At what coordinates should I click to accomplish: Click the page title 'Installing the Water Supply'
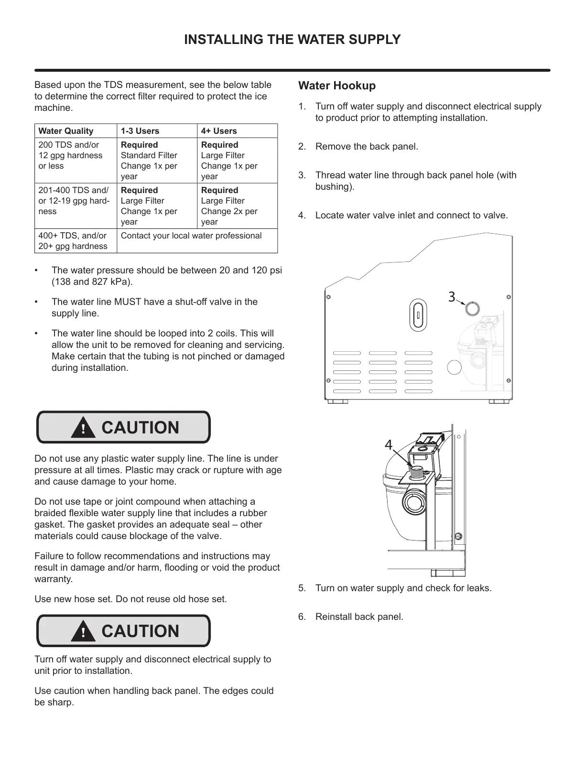(x=292, y=40)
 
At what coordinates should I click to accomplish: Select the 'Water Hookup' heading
(x=336, y=86)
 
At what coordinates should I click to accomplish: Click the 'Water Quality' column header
(x=66, y=131)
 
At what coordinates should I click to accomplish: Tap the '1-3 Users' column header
(x=140, y=131)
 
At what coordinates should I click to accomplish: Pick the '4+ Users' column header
(x=219, y=131)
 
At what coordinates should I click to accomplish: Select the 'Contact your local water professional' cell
(x=191, y=236)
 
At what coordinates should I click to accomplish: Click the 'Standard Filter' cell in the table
(x=149, y=156)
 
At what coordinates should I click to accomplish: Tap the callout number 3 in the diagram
(x=452, y=297)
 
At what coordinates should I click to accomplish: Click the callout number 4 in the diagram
(x=389, y=445)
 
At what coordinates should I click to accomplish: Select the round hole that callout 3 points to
(x=472, y=308)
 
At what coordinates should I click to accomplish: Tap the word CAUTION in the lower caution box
(x=140, y=631)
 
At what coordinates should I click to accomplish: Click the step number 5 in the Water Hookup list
(x=302, y=588)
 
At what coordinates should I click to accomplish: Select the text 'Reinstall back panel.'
(x=359, y=617)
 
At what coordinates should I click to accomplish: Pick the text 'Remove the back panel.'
(x=367, y=147)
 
